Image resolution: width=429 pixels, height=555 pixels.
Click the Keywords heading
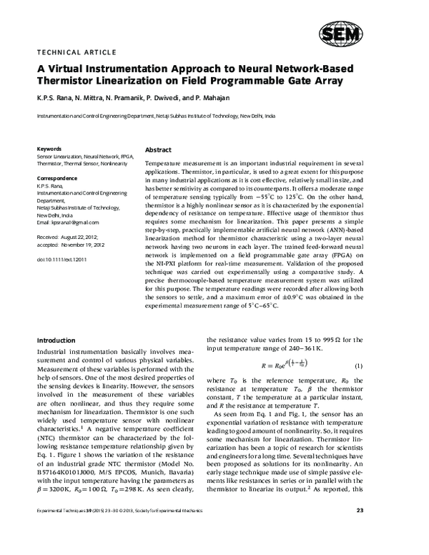point(49,148)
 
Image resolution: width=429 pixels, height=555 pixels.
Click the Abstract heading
point(158,151)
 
